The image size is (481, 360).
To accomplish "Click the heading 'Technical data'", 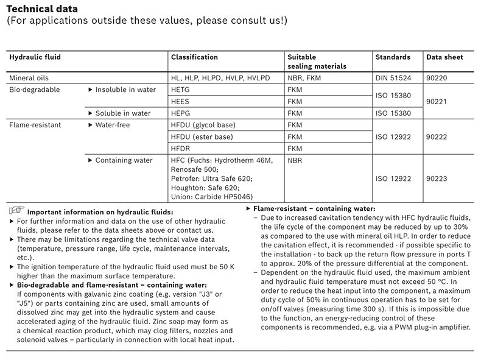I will (x=42, y=9).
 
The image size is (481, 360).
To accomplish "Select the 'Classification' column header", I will (x=194, y=57).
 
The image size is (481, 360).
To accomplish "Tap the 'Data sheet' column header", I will (x=444, y=57).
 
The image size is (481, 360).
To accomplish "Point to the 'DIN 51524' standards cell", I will (x=393, y=78).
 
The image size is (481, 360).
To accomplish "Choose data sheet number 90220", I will (x=437, y=78).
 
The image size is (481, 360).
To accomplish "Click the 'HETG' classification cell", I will (x=182, y=90).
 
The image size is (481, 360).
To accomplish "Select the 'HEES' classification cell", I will (x=182, y=101).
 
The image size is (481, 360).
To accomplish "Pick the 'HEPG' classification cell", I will (x=182, y=113).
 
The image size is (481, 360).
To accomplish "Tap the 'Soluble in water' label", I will (x=123, y=113).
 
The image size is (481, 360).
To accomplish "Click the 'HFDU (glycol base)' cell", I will (x=203, y=125).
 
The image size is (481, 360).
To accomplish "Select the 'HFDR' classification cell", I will (x=182, y=149).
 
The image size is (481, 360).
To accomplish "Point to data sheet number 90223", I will (x=437, y=178).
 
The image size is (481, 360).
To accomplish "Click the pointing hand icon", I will (x=16, y=210).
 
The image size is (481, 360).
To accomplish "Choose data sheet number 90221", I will (x=437, y=101).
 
